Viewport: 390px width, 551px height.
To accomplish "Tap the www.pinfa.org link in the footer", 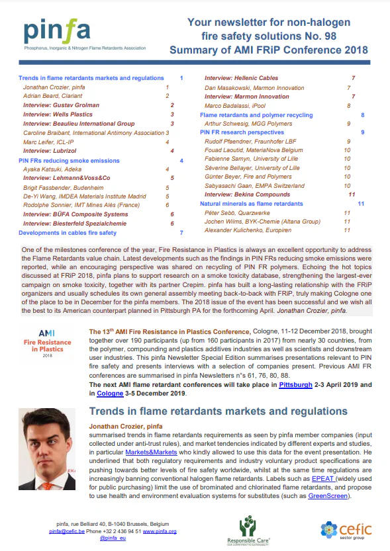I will (159, 530).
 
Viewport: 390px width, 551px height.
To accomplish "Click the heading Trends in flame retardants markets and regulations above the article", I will (218, 411).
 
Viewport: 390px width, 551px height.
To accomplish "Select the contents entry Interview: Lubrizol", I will (50, 151).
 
